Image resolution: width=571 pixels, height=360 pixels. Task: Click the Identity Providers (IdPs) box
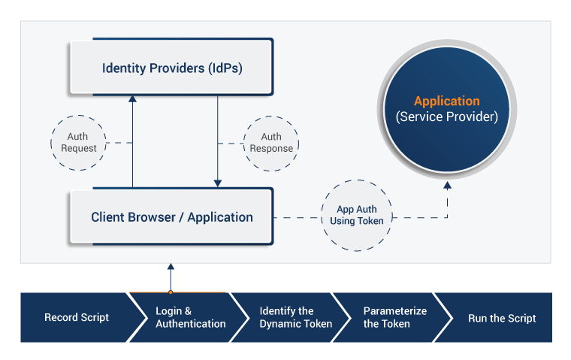click(x=172, y=68)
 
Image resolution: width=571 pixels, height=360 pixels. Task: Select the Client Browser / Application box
click(x=172, y=217)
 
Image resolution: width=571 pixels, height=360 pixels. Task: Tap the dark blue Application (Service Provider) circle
click(x=447, y=110)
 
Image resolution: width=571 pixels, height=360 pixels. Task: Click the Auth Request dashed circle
click(x=79, y=143)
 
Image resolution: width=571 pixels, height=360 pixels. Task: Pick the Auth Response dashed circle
click(x=271, y=143)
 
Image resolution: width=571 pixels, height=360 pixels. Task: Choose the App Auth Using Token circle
click(x=356, y=216)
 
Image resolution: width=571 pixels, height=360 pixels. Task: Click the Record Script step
click(x=76, y=318)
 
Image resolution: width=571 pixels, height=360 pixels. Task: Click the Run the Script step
click(x=502, y=318)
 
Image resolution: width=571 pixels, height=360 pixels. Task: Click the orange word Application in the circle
click(x=447, y=101)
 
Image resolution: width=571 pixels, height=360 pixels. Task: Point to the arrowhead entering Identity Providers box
click(x=133, y=98)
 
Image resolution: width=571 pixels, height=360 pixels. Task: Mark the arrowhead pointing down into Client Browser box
click(x=217, y=183)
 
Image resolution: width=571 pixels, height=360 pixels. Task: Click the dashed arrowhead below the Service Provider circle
click(x=448, y=185)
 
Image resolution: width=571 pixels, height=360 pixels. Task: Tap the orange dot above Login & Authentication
click(x=171, y=292)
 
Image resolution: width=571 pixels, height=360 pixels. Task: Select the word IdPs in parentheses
click(x=227, y=69)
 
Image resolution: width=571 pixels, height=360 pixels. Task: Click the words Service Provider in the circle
click(x=447, y=117)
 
